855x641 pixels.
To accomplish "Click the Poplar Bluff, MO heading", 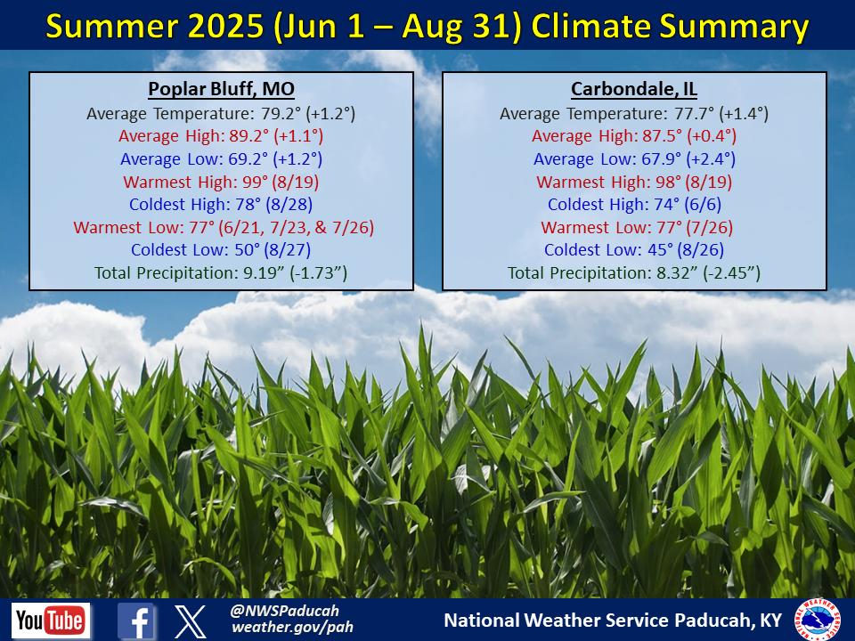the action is point(222,89).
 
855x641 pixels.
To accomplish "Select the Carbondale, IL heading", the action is point(634,89).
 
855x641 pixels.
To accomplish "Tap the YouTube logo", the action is point(51,621).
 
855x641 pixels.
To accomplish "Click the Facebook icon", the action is point(135,621).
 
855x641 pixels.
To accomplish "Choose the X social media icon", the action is point(191,621).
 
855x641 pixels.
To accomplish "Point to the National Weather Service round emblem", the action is point(818,620).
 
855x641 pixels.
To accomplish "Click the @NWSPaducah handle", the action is point(284,611).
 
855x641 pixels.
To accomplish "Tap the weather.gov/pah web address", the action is point(292,628).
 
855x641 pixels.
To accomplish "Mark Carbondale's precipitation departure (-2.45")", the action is point(732,272).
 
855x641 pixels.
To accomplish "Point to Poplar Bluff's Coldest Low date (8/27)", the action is point(288,249).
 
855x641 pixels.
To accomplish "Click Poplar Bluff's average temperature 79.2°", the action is point(281,113).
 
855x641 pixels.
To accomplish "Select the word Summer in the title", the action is point(112,26).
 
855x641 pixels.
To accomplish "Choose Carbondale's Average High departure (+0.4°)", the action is point(712,136).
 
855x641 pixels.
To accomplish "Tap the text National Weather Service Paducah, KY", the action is point(613,621).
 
